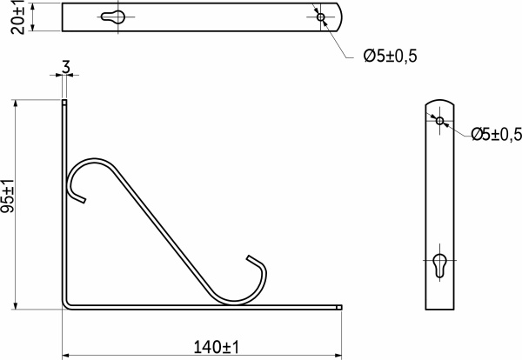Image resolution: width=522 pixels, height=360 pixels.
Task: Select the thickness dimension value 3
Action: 66,67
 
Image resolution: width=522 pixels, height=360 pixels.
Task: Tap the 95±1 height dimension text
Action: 8,197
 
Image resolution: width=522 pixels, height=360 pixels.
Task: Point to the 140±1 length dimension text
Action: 215,347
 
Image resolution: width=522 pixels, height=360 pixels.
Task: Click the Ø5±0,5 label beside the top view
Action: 391,56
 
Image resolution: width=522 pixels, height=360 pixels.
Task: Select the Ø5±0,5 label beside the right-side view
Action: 496,133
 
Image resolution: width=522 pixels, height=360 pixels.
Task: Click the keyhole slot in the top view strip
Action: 114,17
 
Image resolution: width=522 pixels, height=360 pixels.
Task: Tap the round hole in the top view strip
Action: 321,17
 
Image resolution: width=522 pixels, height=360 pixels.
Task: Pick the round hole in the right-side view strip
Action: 440,120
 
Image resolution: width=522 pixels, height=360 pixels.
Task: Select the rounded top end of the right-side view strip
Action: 440,102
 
